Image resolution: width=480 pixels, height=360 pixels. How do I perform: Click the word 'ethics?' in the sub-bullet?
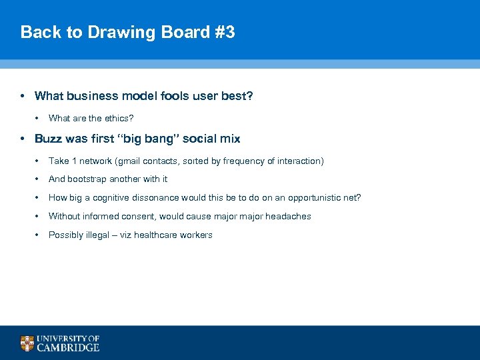click(119, 118)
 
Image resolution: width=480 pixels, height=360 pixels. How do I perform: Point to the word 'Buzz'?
click(47, 139)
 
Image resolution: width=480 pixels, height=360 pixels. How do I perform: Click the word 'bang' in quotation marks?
click(159, 139)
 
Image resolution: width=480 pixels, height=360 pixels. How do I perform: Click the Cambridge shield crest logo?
click(27, 343)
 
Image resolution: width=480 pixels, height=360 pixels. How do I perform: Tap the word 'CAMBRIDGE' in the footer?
click(68, 347)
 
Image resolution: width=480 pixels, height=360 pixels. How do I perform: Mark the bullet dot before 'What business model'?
click(23, 96)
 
